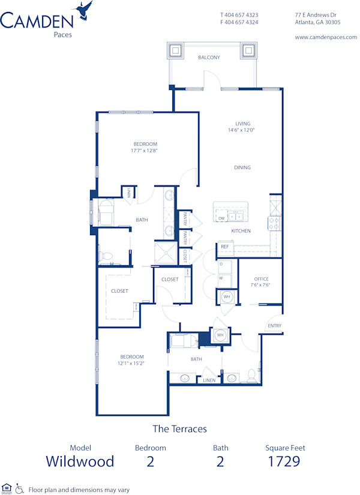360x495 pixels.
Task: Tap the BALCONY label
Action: coord(209,58)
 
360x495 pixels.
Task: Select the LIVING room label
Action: coord(242,124)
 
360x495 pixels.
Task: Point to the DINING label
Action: coord(242,167)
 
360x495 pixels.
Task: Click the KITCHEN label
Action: coord(241,231)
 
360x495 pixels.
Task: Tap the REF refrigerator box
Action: coord(225,247)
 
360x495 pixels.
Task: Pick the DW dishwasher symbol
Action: coord(221,218)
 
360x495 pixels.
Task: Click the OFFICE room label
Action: coord(261,279)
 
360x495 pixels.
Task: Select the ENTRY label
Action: coord(274,326)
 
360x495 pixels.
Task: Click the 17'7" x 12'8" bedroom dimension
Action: coord(145,151)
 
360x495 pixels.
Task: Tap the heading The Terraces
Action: coord(179,428)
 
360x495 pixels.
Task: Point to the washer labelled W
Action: coord(221,278)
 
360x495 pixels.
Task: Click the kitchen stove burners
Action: coord(274,224)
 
